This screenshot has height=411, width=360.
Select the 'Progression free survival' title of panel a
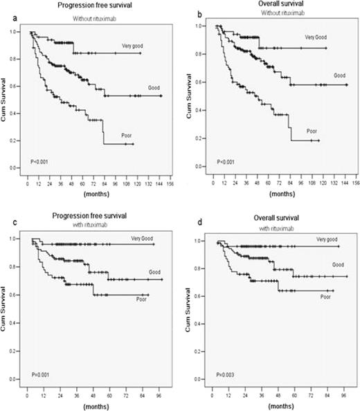pyautogui.click(x=85, y=5)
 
